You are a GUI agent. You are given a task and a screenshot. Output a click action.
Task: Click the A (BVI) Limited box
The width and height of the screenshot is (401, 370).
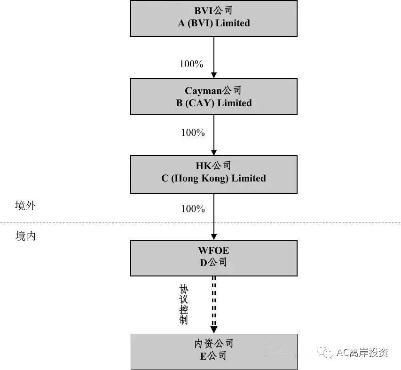214,18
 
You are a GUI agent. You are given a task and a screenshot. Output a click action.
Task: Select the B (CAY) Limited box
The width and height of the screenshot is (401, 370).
214,96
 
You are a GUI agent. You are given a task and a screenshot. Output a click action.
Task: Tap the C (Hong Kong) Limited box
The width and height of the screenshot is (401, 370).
214,174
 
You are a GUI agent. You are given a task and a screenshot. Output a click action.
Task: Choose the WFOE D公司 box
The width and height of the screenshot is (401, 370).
214,258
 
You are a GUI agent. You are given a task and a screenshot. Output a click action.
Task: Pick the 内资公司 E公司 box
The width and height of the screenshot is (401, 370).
214,352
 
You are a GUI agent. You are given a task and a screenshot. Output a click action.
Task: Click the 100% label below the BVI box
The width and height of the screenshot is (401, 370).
191,64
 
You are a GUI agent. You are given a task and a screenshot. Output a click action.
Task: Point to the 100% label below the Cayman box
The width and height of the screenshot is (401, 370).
193,133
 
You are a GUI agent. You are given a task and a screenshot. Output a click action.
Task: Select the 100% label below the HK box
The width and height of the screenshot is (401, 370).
193,209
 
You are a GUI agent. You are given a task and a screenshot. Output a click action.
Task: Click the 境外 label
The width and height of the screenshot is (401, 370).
25,205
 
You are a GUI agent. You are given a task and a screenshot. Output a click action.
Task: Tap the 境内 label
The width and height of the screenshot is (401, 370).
25,236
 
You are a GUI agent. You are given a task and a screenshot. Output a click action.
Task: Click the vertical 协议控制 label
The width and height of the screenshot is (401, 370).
184,305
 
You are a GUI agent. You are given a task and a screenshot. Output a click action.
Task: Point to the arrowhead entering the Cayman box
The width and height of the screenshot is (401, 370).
214,75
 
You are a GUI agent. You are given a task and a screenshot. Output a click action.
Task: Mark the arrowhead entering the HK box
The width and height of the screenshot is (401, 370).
214,152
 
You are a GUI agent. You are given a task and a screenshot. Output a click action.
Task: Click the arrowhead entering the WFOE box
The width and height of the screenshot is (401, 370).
214,237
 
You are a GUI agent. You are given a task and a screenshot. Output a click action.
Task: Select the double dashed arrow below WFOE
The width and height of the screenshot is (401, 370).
214,305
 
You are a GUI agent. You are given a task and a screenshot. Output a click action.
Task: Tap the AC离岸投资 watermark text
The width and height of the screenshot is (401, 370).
362,353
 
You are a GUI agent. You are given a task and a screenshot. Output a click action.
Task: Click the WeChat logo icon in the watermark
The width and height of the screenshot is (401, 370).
325,352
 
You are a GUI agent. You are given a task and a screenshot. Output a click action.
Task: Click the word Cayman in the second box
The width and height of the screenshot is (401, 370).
203,91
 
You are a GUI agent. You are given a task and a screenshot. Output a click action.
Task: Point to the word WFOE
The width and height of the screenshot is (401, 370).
213,250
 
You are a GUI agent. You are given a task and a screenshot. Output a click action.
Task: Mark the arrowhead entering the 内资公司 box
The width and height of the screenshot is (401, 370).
214,330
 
